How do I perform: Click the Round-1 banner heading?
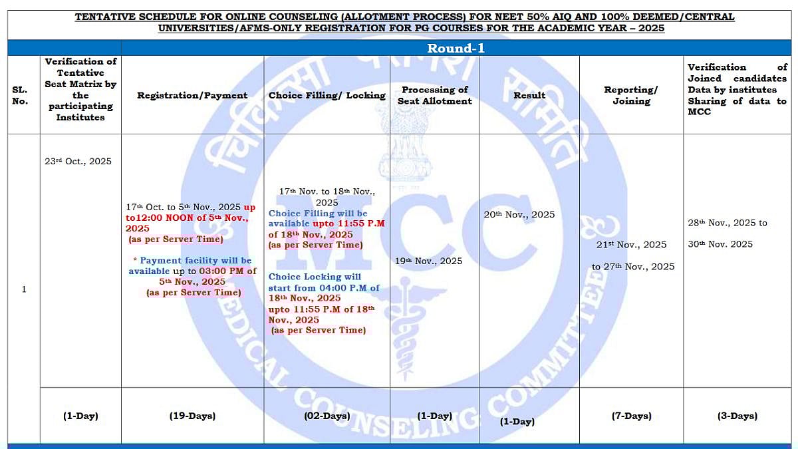456,48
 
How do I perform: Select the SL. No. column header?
20,95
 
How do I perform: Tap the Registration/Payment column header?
192,95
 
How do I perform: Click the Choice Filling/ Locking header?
327,95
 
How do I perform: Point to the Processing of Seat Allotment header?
435,95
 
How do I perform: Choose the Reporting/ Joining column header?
631,95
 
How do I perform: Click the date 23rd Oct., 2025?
78,162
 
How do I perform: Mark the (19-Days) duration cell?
192,416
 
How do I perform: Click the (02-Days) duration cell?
327,416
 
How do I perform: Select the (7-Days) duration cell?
631,416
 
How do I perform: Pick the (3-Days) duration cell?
737,416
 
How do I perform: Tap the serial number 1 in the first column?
24,289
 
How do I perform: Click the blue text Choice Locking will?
305,277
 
